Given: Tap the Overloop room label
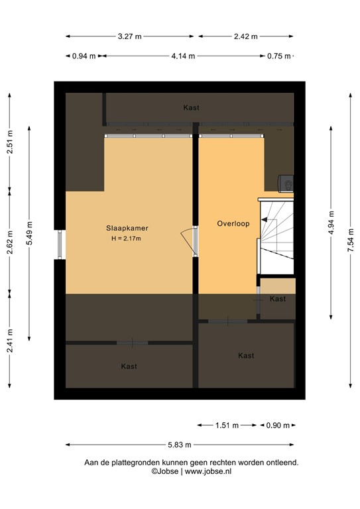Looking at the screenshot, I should (233, 224).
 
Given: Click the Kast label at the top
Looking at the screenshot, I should (192, 107).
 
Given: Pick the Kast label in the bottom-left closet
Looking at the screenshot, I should (129, 366).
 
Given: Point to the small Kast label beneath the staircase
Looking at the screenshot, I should (278, 299).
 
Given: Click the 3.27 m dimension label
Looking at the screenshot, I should (130, 37).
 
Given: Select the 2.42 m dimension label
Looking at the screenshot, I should (246, 37).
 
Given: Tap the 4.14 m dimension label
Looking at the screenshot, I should (183, 56).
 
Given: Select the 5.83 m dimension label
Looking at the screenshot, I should (180, 445).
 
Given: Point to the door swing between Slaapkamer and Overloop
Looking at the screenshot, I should (186, 235).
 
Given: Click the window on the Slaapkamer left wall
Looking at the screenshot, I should (60, 245).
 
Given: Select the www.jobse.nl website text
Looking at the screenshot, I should (208, 471).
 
